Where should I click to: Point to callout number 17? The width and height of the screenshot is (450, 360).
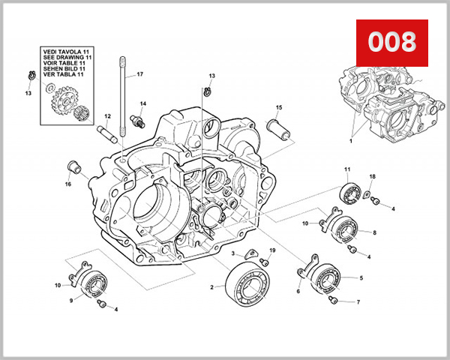click(x=139, y=74)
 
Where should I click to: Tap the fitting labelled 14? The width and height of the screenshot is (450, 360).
click(x=136, y=120)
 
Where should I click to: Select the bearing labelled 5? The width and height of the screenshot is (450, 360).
click(x=328, y=277)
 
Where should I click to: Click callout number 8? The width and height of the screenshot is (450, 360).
click(x=374, y=232)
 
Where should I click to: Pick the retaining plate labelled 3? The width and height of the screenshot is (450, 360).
click(x=251, y=256)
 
